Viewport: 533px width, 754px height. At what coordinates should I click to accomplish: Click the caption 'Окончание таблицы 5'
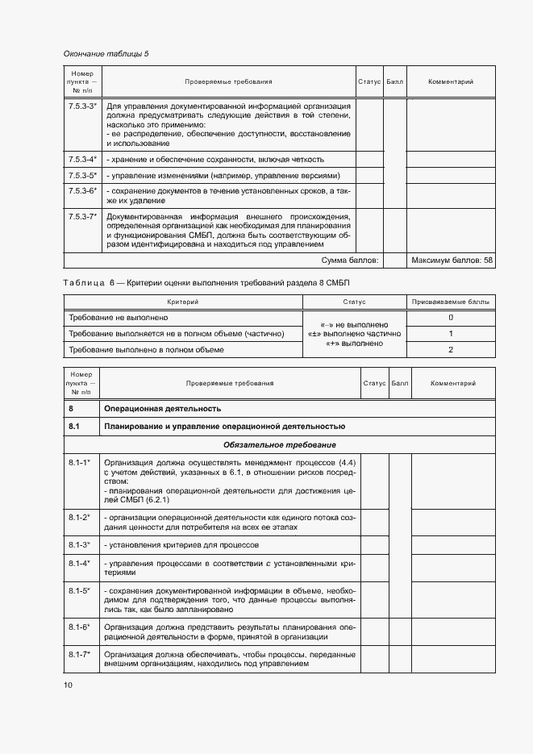click(106, 54)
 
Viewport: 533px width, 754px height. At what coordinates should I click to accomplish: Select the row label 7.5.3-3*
click(82, 106)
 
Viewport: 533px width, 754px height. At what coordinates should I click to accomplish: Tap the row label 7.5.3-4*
click(82, 159)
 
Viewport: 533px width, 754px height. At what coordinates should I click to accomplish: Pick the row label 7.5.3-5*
click(82, 175)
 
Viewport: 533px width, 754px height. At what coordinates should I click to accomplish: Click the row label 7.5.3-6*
click(82, 191)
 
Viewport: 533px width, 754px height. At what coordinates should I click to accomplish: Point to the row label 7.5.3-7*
click(82, 217)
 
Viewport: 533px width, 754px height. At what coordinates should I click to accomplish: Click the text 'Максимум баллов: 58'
click(452, 260)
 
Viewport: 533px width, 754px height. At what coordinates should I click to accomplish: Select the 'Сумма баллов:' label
click(349, 260)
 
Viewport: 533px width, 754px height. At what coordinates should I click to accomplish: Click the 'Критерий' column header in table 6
click(182, 302)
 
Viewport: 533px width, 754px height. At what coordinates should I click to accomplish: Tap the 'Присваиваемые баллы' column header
click(451, 302)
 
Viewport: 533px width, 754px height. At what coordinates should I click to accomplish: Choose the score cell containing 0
click(451, 318)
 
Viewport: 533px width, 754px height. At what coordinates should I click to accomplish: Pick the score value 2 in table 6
click(451, 350)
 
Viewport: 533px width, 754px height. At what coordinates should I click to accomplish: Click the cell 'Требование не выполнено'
click(116, 318)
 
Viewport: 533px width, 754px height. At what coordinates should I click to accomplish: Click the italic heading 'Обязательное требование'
click(280, 445)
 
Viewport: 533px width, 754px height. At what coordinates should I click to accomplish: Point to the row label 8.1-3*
click(79, 545)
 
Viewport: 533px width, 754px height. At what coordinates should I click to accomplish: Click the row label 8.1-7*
click(79, 654)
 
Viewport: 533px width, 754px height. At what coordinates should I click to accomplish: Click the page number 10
click(68, 685)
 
